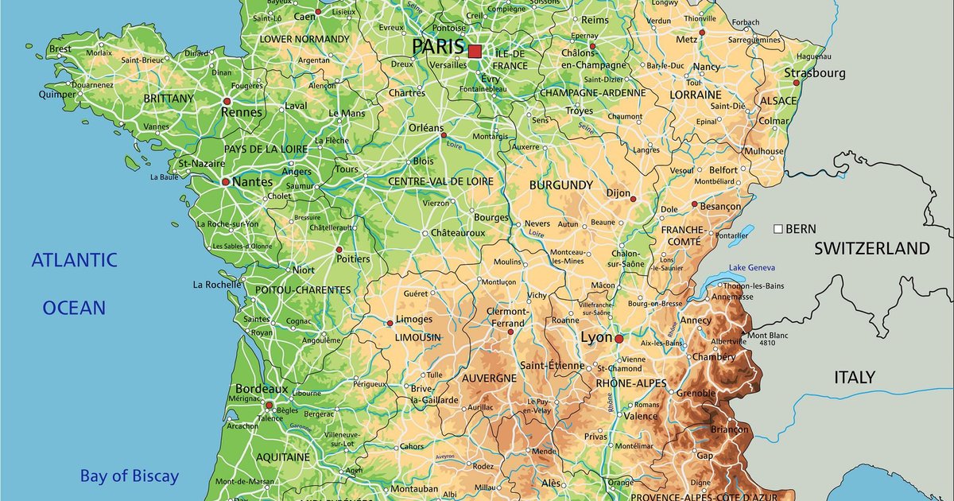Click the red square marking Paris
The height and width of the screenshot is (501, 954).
point(475,52)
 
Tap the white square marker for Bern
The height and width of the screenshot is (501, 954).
point(778,229)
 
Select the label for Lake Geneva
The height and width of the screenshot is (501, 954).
point(751,268)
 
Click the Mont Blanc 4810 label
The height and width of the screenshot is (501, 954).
point(768,339)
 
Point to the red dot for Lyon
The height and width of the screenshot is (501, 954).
point(619,339)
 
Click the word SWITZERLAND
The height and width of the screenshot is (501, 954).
point(871,248)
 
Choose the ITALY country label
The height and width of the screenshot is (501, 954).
point(855,377)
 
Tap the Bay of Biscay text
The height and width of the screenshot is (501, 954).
point(129,477)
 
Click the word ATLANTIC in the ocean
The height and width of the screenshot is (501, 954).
point(74,260)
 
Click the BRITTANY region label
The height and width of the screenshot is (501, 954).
point(169,99)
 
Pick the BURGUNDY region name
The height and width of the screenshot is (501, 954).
point(561,185)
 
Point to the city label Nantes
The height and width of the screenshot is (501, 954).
point(252,182)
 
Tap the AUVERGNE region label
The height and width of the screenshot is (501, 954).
point(489,379)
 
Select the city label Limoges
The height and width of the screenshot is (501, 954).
point(414,320)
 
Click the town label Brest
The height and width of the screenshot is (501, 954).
point(60,49)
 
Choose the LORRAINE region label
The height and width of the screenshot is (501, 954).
point(696,95)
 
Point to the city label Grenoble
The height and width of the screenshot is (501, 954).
point(696,393)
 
